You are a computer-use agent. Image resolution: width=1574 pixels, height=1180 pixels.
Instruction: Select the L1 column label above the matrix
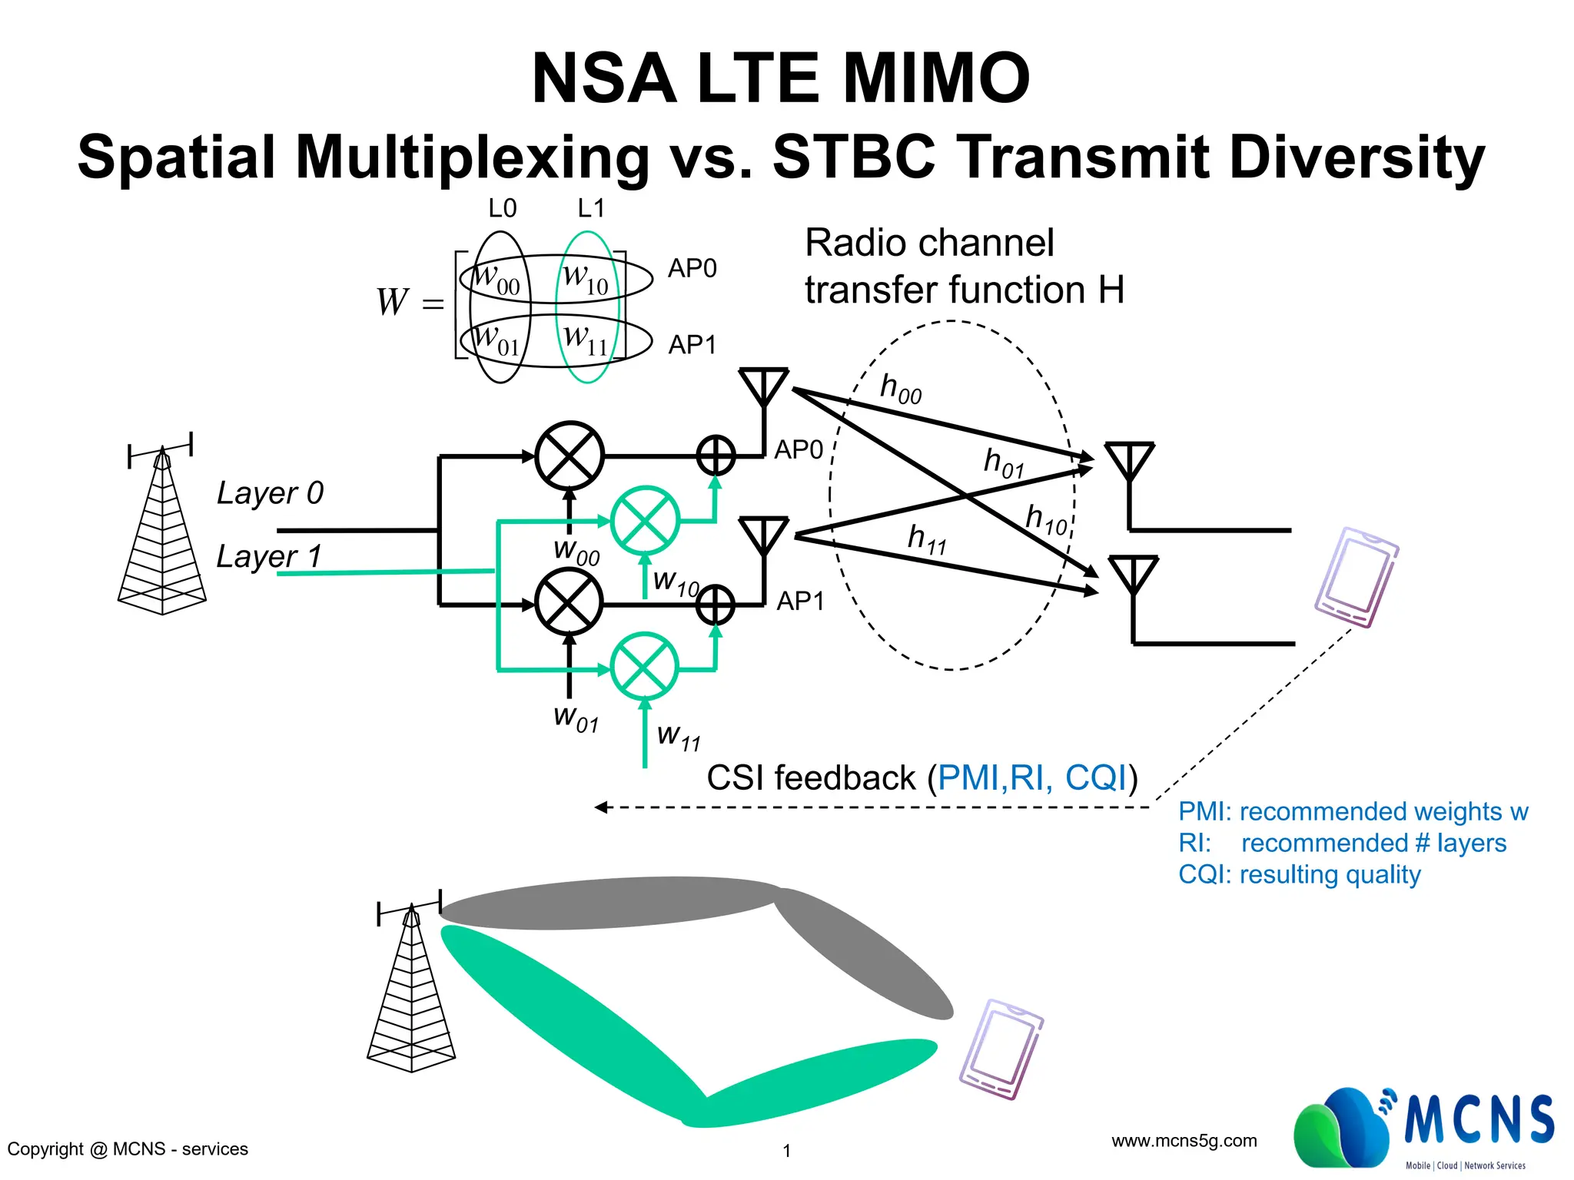[591, 208]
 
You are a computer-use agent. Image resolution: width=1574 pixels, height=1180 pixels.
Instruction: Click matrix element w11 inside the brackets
[586, 340]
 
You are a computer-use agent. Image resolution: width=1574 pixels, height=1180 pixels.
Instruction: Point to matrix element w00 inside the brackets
[496, 278]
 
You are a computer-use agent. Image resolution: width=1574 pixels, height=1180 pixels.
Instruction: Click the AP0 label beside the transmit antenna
[799, 449]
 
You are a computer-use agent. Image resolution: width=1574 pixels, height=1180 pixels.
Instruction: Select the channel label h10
[1046, 519]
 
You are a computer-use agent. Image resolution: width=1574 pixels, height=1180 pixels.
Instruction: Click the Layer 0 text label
[270, 492]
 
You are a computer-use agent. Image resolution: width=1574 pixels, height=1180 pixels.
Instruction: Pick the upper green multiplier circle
[645, 520]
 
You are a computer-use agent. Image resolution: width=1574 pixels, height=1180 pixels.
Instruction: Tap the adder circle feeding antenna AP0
[716, 456]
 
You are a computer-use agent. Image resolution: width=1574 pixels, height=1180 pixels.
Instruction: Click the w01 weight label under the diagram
[576, 718]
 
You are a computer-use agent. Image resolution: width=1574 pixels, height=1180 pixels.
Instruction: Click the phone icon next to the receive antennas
[1356, 577]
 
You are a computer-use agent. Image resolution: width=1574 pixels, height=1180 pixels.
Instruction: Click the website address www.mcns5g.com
[1184, 1141]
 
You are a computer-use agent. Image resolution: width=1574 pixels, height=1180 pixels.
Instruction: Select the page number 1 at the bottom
[786, 1150]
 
